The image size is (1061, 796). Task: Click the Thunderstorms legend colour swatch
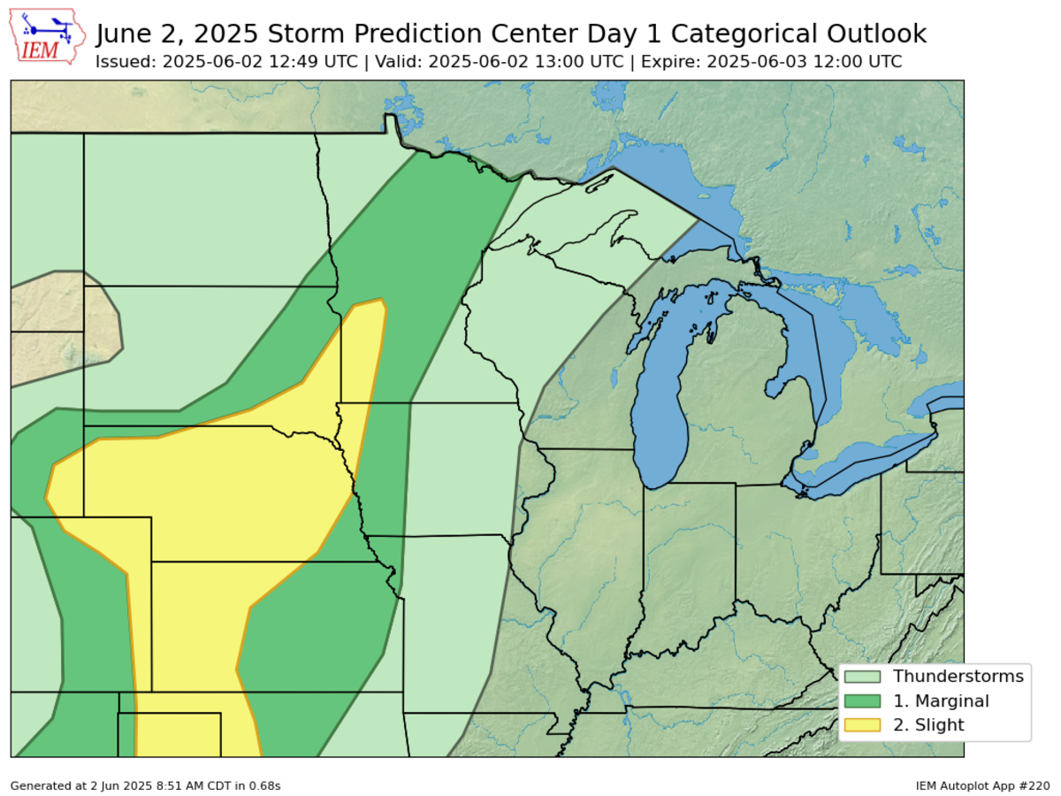click(863, 677)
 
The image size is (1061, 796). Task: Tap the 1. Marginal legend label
click(941, 701)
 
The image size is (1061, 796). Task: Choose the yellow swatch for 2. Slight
click(863, 725)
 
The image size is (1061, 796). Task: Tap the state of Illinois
click(584, 566)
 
